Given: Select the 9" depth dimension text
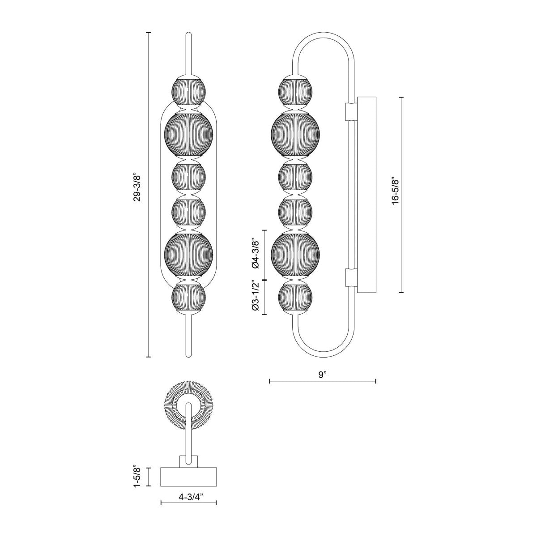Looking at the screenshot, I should [x=322, y=375].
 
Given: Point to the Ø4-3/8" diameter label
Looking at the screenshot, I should [x=256, y=254].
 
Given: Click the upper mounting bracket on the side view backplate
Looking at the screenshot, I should [x=351, y=111].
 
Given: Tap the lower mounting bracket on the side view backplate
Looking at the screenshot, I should [x=351, y=277].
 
